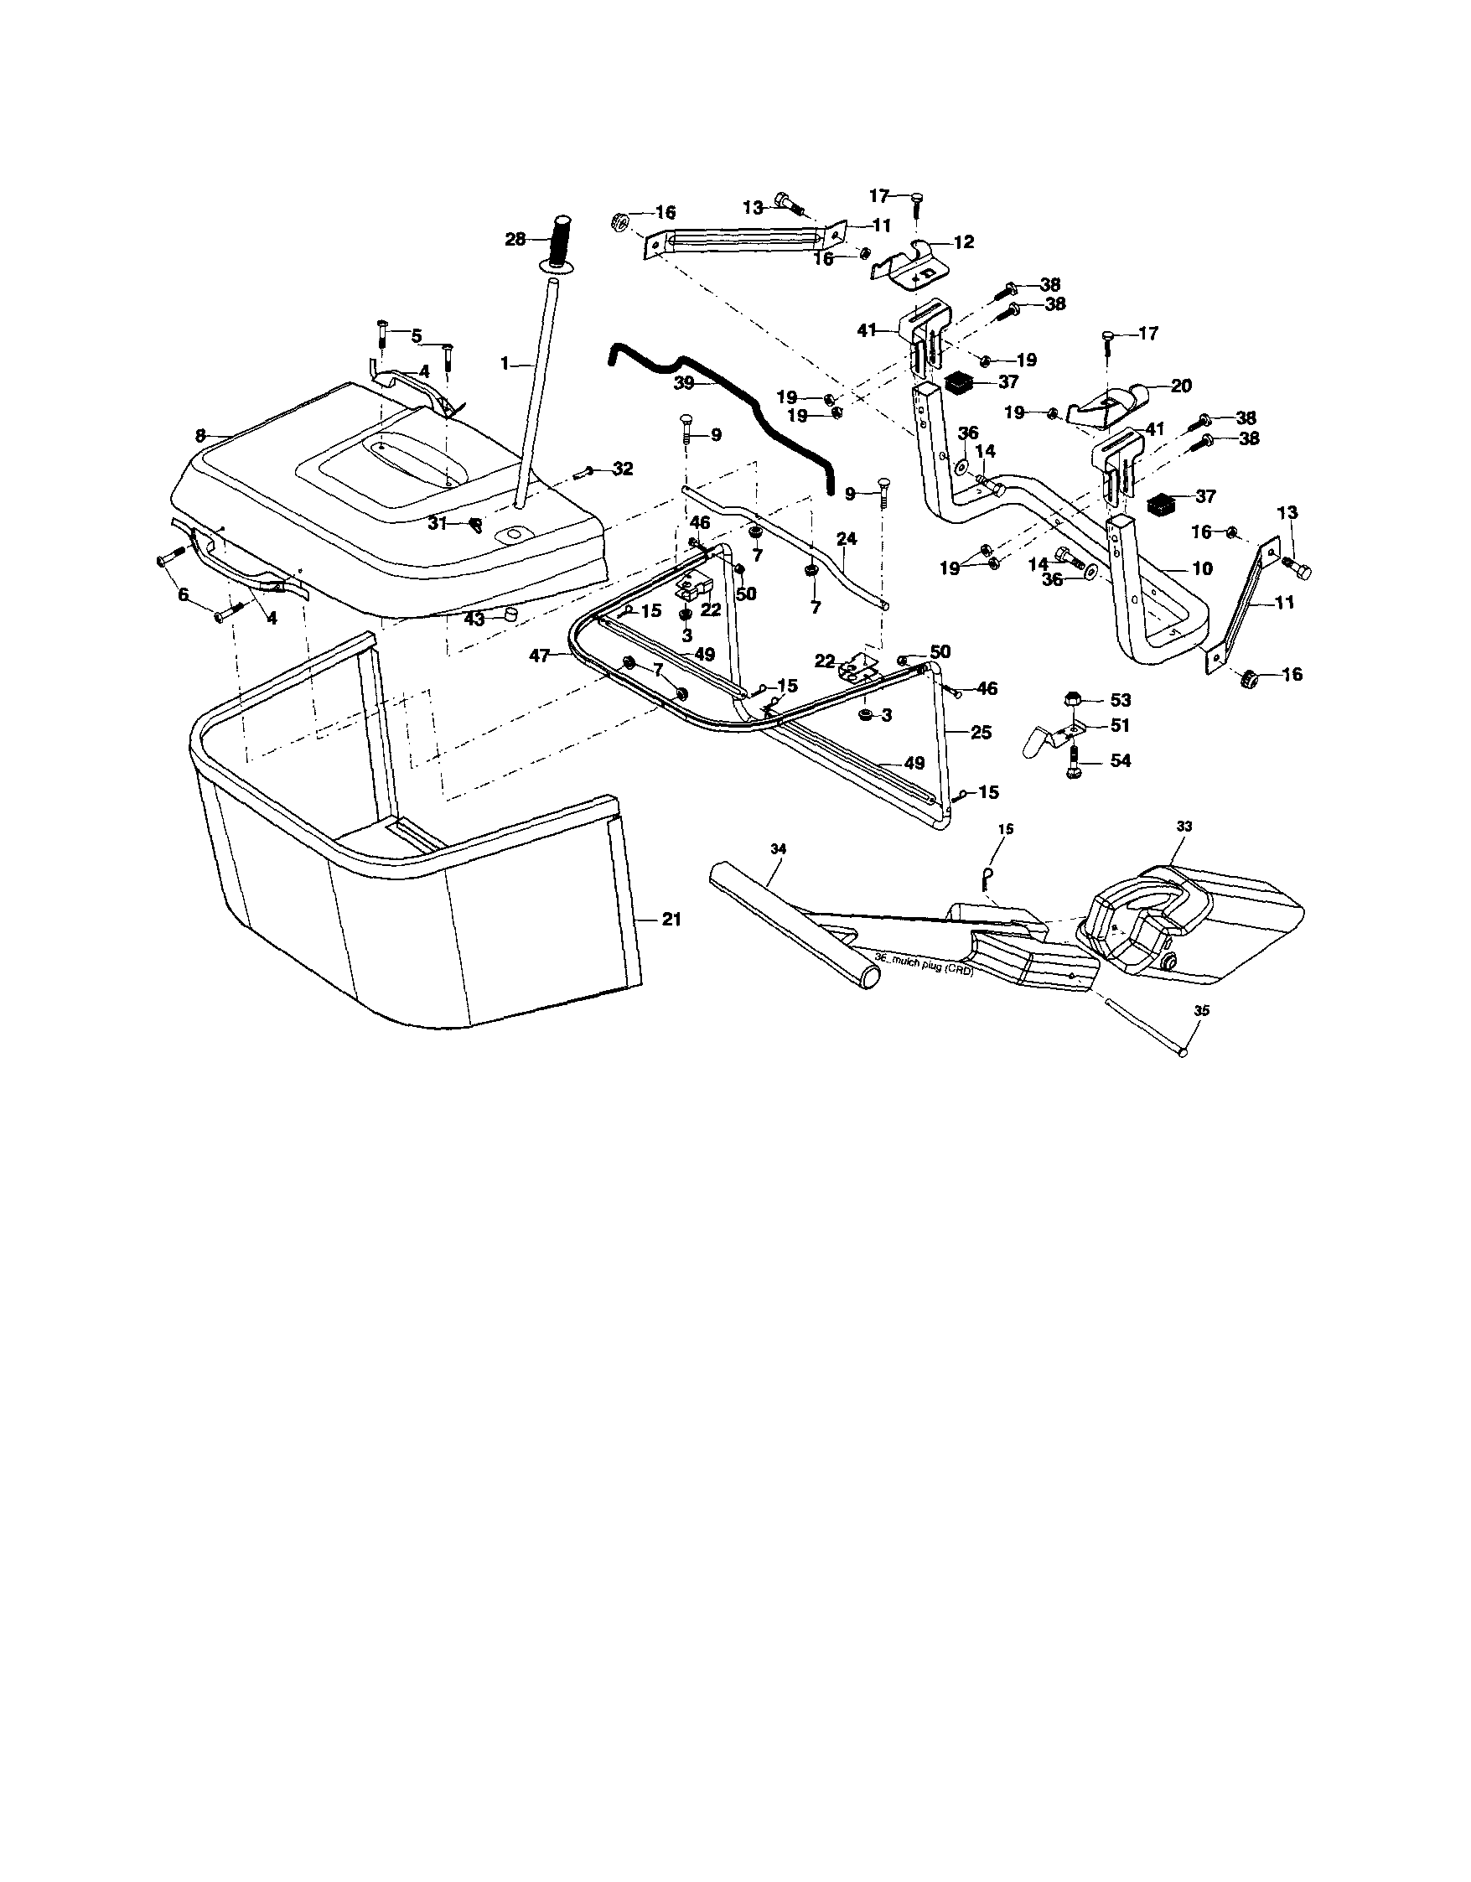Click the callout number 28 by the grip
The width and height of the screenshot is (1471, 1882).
[x=515, y=239]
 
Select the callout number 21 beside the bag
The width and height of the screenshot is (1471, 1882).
[x=671, y=920]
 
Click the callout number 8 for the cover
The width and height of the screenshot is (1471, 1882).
[x=201, y=436]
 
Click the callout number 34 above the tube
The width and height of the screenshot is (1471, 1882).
[x=778, y=849]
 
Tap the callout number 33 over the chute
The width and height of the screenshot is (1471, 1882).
[x=1184, y=826]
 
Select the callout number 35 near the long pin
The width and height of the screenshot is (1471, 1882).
[x=1202, y=1011]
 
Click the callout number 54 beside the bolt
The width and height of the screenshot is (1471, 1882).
[x=1121, y=761]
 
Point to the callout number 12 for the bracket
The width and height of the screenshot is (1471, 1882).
[x=963, y=243]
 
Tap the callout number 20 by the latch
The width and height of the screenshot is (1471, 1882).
[x=1181, y=386]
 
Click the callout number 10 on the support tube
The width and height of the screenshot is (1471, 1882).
[x=1202, y=568]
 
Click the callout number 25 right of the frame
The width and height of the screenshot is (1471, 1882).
[x=981, y=733]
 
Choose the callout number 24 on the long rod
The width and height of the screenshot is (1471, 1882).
[x=847, y=538]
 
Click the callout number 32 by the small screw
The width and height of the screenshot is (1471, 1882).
[x=622, y=469]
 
